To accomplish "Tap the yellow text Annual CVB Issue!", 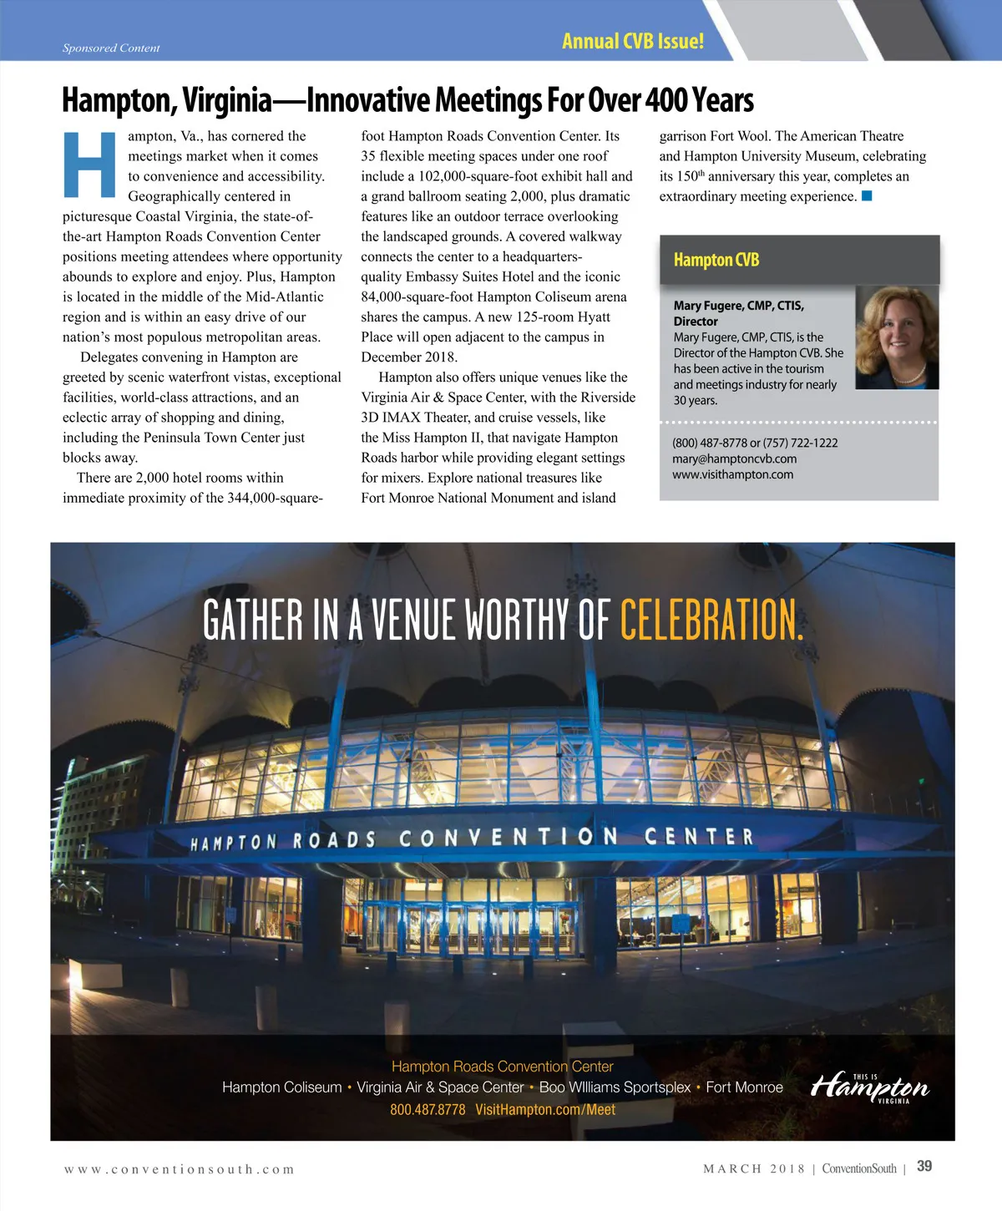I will (632, 42).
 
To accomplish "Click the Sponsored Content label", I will (111, 48).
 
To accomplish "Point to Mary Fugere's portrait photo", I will (897, 337).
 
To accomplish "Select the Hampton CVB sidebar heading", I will (716, 260).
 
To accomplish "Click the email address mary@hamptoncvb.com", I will (734, 459).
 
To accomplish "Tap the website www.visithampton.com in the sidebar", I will (732, 474).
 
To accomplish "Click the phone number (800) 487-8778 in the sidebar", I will (709, 443).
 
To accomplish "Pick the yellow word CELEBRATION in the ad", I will (711, 621).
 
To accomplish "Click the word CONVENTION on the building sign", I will (509, 838).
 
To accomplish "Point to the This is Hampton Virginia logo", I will (870, 1087).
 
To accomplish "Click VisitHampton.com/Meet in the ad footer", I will (544, 1110).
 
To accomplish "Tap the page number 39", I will (924, 1167).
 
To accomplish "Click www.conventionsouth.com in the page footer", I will (179, 1169).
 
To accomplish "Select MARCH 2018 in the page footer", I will (753, 1168).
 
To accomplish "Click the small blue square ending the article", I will (867, 196).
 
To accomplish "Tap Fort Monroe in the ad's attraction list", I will (744, 1087).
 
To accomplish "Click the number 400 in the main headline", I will (665, 100).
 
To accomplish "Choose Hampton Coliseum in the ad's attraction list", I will (281, 1087).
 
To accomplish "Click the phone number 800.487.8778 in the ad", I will (428, 1110).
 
